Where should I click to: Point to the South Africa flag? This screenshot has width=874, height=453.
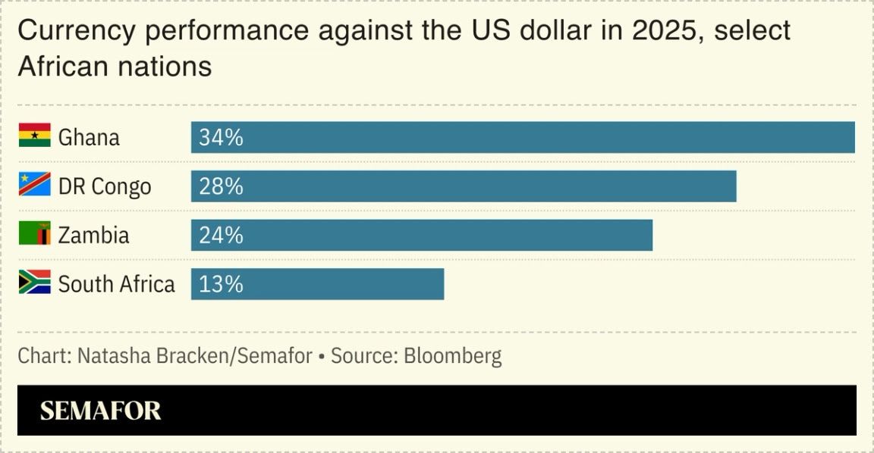pos(35,283)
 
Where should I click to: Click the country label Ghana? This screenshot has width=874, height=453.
pos(89,137)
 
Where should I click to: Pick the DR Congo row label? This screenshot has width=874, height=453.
pos(105,186)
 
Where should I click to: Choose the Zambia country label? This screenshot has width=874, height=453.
pos(93,235)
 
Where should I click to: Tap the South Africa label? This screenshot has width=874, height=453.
pos(116,283)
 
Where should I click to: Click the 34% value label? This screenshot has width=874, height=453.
pos(221,137)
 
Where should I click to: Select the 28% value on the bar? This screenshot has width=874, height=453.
pos(221,186)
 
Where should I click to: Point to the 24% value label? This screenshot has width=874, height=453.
pos(221,235)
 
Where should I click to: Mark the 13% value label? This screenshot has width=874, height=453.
pos(221,283)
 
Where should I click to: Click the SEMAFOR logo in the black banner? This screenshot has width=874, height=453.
pos(100,411)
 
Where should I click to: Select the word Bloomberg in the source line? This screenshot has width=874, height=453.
pos(452,355)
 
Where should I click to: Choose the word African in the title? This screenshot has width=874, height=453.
pos(62,67)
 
